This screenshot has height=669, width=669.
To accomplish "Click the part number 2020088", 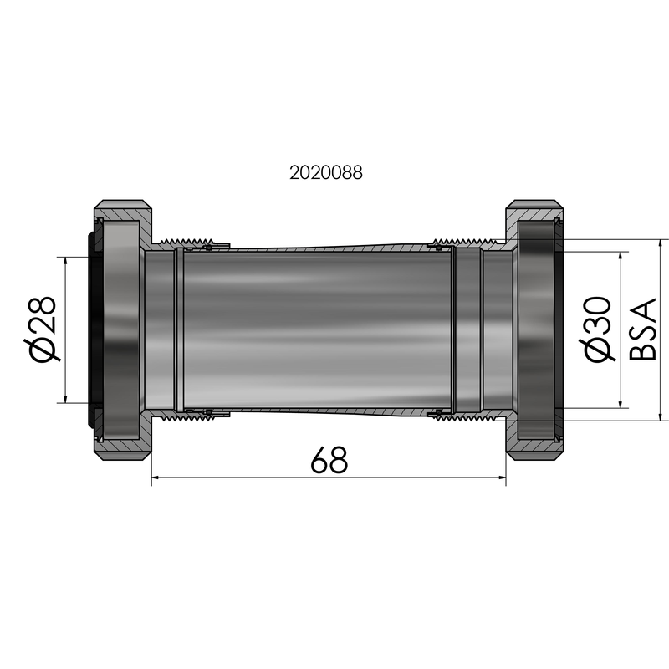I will (x=325, y=173).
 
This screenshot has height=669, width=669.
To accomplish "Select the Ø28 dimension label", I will (x=43, y=329).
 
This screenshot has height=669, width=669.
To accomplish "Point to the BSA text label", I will (x=642, y=329).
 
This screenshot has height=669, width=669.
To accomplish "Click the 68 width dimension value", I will (x=328, y=460).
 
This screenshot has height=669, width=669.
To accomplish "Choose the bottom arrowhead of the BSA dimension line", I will (x=660, y=415).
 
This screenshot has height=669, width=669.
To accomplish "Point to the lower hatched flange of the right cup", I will (x=535, y=448).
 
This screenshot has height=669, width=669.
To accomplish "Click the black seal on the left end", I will (x=93, y=330).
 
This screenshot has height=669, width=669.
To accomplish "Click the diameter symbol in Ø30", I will (x=600, y=351).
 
